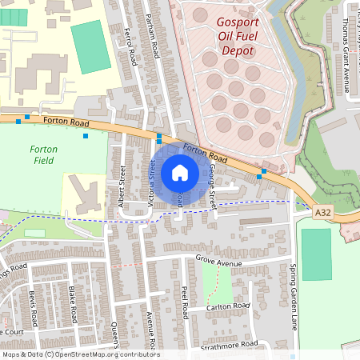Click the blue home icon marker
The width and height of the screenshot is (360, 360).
[180, 172]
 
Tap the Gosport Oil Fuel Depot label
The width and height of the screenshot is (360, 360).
[237, 36]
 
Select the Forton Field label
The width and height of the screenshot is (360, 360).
[43, 154]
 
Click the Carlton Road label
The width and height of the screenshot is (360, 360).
[229, 306]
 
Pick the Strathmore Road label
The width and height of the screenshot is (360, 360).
[229, 344]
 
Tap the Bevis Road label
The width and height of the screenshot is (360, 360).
[34, 304]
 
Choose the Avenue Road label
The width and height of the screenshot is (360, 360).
[149, 327]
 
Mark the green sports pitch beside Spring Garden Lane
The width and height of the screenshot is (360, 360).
[316, 254]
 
